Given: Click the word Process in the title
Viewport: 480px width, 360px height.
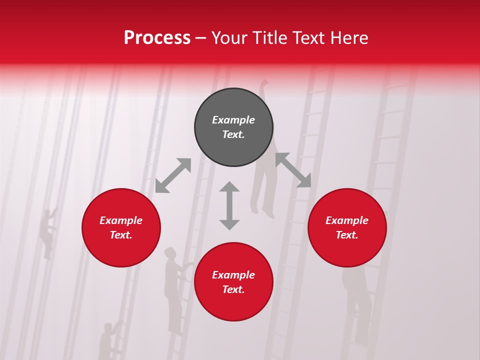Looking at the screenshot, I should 157,38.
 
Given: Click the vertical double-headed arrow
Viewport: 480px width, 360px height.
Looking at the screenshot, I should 229,205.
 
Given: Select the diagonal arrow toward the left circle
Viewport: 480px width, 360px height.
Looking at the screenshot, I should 173,175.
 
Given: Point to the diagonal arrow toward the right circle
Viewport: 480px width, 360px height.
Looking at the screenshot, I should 293,170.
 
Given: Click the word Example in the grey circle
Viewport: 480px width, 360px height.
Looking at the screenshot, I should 233,120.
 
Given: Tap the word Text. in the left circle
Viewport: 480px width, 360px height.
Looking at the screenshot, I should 121,235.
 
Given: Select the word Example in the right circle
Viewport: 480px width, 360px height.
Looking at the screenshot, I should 347,220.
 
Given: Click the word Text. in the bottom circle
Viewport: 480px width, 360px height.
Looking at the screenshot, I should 233,289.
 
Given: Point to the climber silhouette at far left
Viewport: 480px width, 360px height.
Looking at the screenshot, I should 48,232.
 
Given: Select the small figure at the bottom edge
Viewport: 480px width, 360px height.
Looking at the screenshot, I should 106,340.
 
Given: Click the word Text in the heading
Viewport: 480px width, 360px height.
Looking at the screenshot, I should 310,38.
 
